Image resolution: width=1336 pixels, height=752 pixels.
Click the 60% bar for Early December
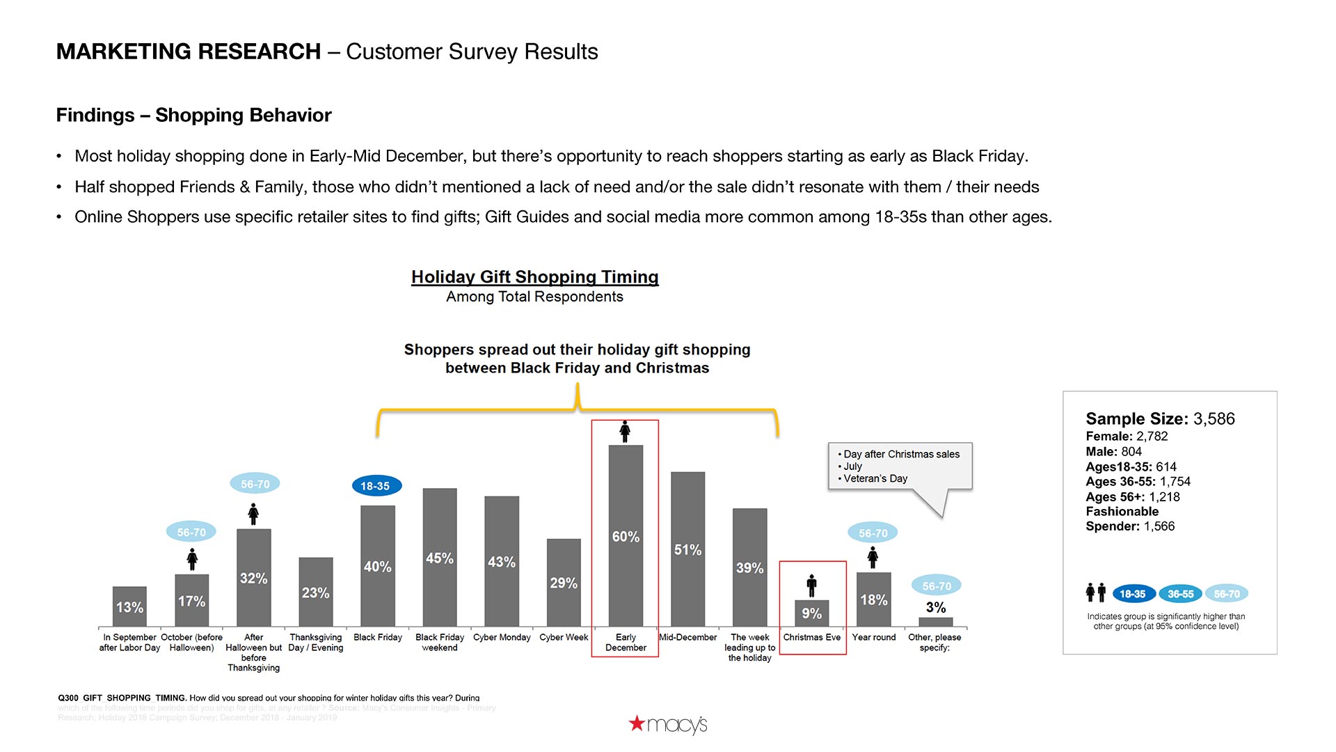626,536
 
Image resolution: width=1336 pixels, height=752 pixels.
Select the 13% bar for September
129,606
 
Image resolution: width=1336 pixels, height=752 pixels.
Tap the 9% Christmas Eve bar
811,613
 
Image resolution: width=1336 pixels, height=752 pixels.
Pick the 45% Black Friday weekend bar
440,557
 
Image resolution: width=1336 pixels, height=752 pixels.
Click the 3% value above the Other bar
936,607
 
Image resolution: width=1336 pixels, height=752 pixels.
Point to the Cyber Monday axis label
502,637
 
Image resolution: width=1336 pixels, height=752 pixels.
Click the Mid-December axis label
687,637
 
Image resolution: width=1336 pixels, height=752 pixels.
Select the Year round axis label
874,637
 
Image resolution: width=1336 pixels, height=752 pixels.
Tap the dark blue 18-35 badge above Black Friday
376,486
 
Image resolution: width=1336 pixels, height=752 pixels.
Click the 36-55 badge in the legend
1180,594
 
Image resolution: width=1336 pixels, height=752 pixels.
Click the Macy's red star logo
637,723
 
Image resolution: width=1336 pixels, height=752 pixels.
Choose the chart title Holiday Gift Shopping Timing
534,277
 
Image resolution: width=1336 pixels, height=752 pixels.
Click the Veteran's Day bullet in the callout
875,478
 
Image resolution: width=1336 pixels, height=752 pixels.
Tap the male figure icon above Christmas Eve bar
811,586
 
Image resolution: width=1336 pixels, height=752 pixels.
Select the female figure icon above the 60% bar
625,432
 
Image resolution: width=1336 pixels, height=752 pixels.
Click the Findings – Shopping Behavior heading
193,115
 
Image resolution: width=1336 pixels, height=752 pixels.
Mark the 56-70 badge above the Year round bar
873,533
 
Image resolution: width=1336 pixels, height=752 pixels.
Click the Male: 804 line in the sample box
1113,451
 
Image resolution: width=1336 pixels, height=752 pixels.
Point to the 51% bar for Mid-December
687,549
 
